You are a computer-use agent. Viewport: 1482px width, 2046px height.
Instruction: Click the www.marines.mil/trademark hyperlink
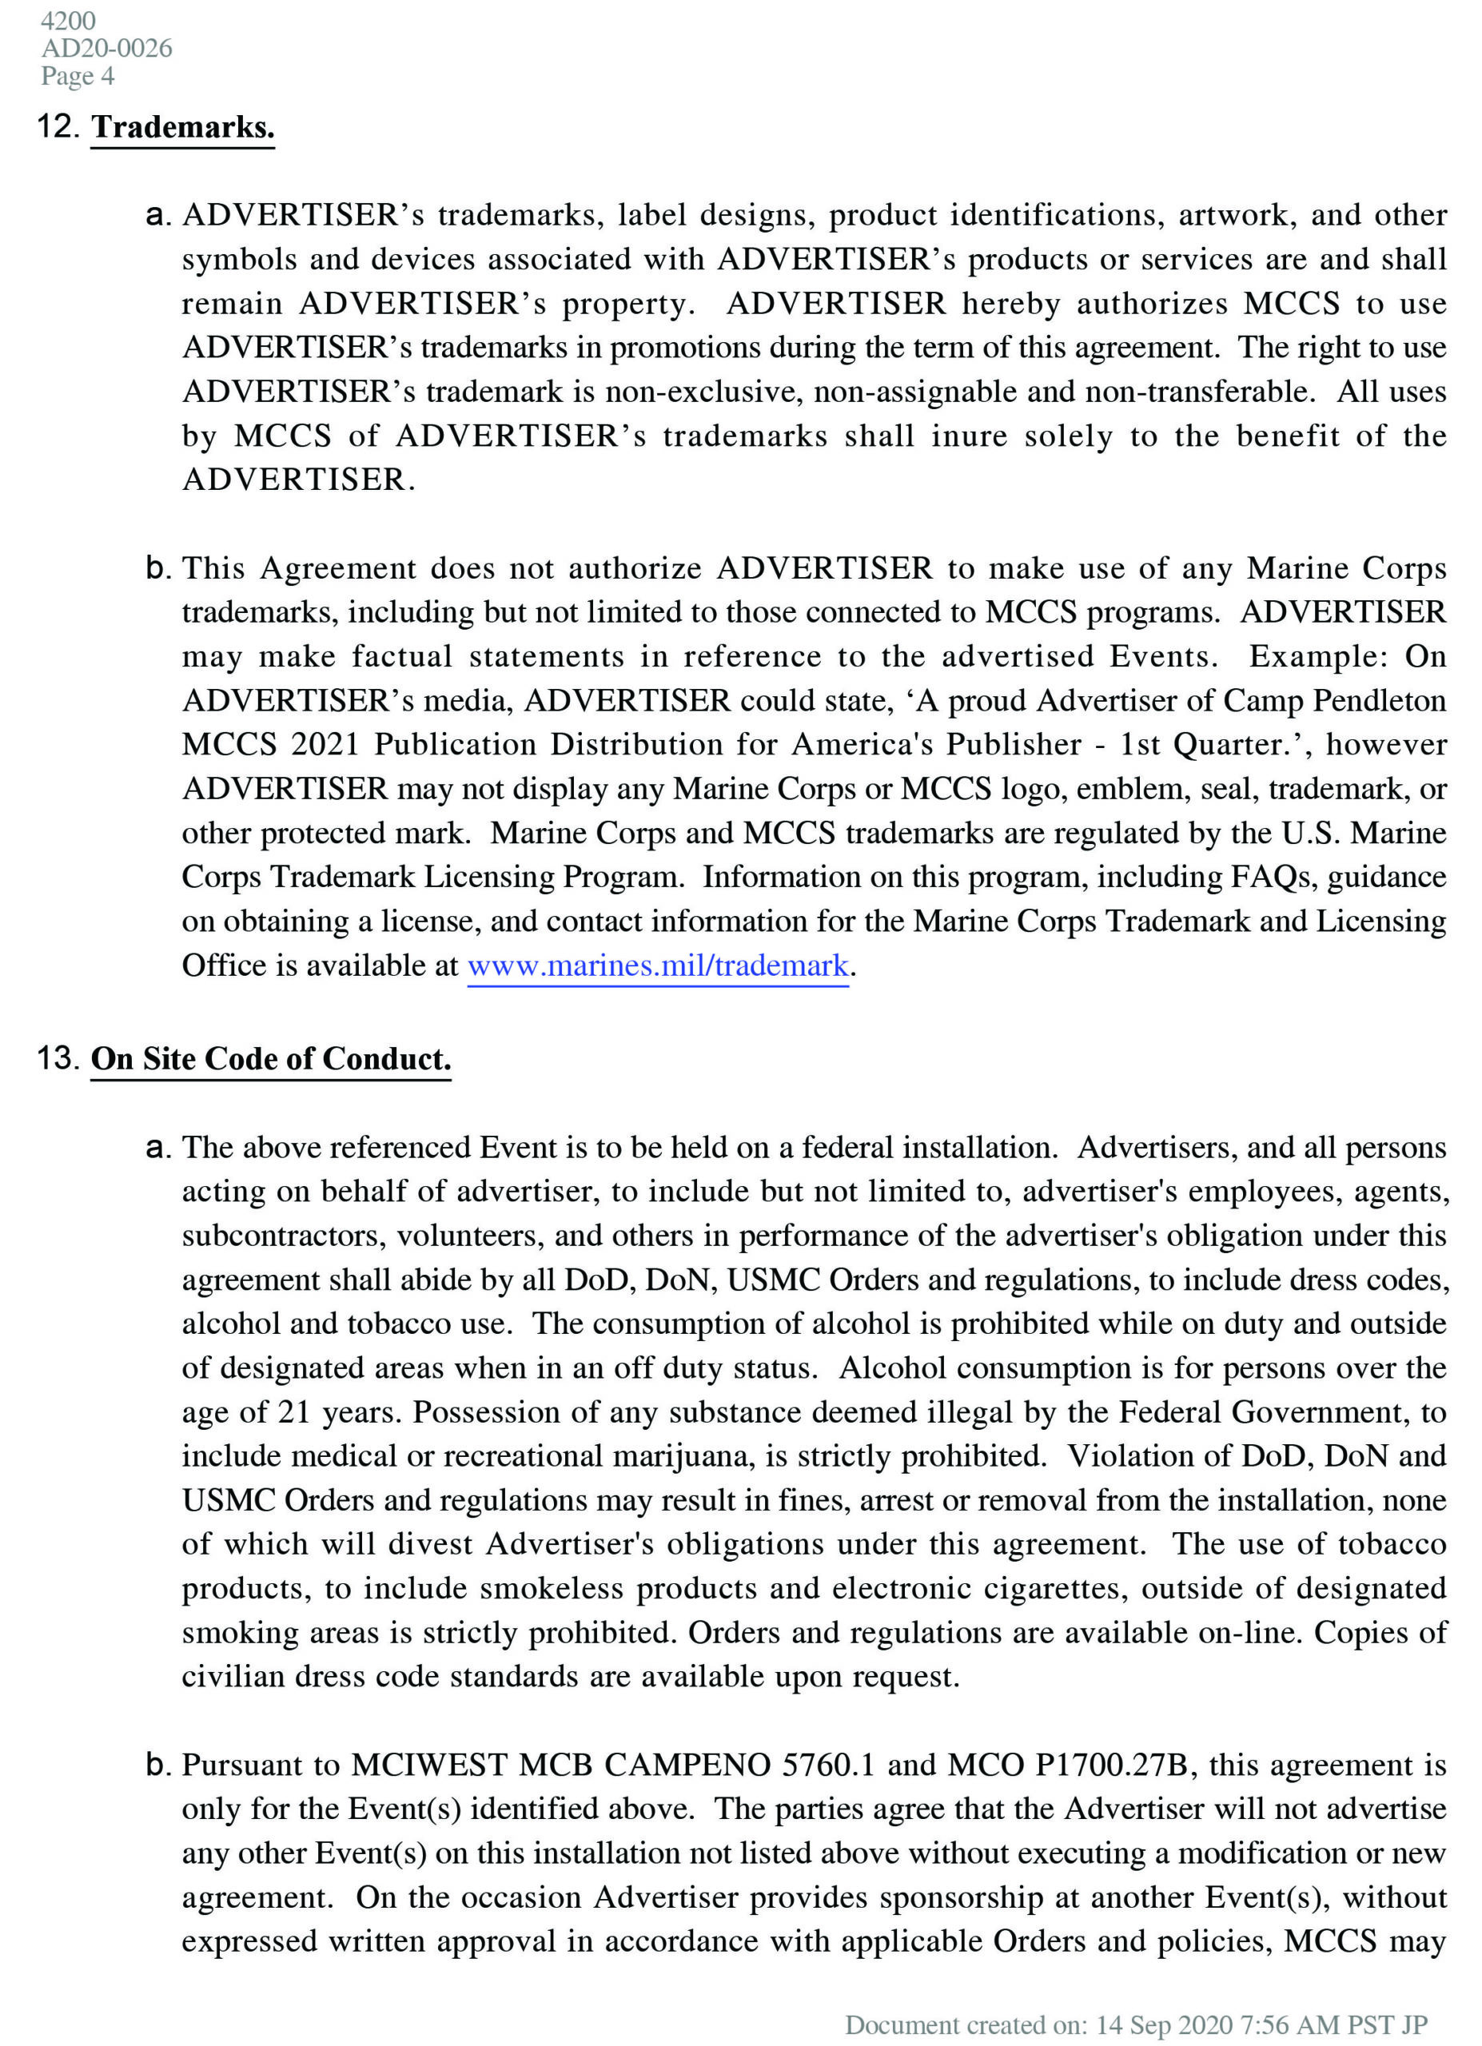click(658, 966)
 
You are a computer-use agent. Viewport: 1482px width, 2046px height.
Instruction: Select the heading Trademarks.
click(182, 127)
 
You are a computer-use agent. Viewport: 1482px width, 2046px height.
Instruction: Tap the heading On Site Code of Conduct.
click(271, 1059)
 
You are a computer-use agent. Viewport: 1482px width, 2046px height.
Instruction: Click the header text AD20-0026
click(106, 48)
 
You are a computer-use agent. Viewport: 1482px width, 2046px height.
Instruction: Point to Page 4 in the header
click(78, 76)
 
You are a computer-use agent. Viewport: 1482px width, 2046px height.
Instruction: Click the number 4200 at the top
click(68, 21)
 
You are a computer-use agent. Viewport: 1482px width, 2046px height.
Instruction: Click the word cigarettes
click(1054, 1589)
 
